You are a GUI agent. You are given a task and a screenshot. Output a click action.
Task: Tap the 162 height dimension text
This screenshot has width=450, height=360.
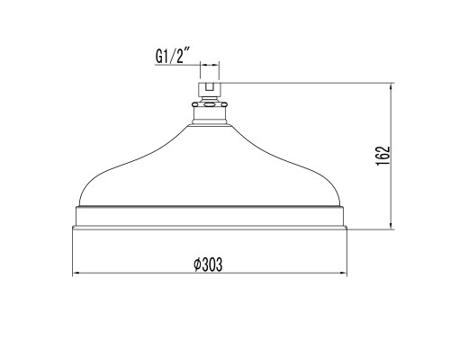coord(383,156)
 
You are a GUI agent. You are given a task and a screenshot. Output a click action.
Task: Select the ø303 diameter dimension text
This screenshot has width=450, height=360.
coord(208,265)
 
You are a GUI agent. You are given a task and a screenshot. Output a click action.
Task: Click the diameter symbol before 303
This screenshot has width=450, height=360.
coord(197,265)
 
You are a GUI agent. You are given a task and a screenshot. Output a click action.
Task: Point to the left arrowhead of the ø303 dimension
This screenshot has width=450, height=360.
coord(76,273)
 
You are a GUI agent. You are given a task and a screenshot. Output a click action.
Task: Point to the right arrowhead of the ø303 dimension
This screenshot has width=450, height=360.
coord(344,273)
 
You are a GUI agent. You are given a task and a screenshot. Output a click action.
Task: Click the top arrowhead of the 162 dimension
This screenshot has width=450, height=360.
coord(391,87)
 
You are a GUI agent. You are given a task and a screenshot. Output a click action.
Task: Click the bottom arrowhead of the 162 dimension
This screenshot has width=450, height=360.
coord(391,226)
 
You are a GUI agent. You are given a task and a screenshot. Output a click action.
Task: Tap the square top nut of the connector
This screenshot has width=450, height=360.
coord(210,89)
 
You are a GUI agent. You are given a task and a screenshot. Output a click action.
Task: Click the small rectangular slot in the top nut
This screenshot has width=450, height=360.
coord(210,86)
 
